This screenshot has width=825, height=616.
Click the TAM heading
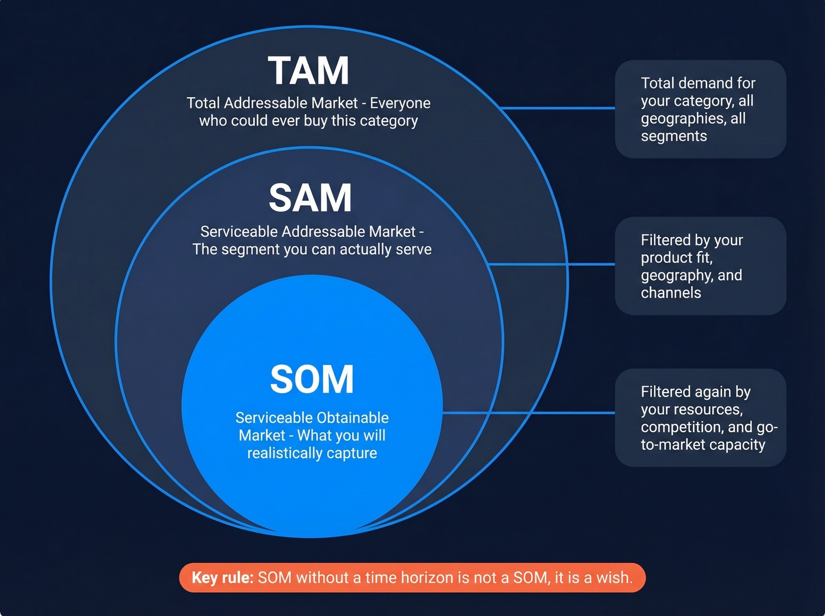(309, 71)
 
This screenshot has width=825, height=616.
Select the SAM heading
(310, 198)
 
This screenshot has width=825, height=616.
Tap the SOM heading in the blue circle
(312, 379)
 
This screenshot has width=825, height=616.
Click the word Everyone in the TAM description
(400, 103)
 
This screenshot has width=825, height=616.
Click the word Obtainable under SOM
(354, 418)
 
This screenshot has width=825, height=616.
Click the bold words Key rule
(222, 578)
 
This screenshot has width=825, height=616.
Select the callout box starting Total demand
(700, 109)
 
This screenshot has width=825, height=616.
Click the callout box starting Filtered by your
(700, 266)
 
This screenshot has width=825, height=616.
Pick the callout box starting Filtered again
(700, 417)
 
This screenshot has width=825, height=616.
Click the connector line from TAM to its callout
(557, 108)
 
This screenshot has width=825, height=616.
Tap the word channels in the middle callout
(671, 293)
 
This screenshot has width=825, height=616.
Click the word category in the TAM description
(388, 121)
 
